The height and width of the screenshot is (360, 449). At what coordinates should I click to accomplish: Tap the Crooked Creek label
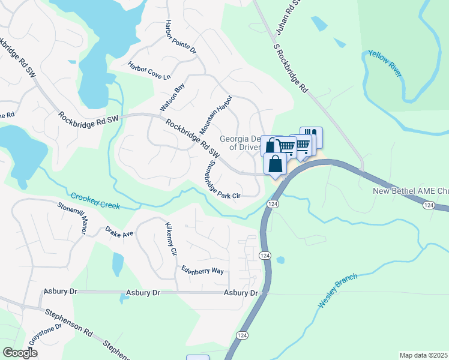coord(96,200)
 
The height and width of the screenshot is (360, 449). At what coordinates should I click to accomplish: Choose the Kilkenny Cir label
coord(170,239)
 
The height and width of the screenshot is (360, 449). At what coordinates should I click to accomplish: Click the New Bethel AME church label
coord(409,191)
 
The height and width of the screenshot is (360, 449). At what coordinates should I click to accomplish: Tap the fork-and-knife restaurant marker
coord(311,136)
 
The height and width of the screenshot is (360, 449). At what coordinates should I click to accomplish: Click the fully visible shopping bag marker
coord(275,164)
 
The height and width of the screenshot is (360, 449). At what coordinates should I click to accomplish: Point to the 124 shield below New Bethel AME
coord(428,205)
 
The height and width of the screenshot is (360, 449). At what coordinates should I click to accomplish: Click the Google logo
coord(20,353)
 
